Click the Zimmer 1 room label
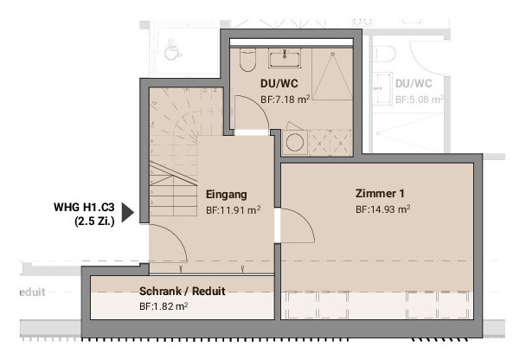pos(380,194)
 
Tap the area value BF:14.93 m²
pos(382,209)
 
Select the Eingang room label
pos(227,195)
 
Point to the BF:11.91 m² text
pos(233,210)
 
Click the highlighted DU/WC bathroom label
pos(279,84)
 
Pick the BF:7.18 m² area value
pos(285,100)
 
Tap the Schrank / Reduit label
pos(183,292)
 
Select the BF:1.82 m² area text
pos(164,306)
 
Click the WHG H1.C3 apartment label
pos(84,208)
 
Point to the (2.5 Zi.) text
pos(94,222)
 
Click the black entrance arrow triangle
pos(127,212)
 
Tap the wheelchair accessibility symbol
pos(172,49)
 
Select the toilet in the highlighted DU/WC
pos(247,60)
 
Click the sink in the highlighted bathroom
pos(285,58)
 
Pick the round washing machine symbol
pos(295,142)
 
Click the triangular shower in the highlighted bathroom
pos(332,76)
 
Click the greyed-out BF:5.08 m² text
pos(420,100)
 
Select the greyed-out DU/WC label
pos(414,84)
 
